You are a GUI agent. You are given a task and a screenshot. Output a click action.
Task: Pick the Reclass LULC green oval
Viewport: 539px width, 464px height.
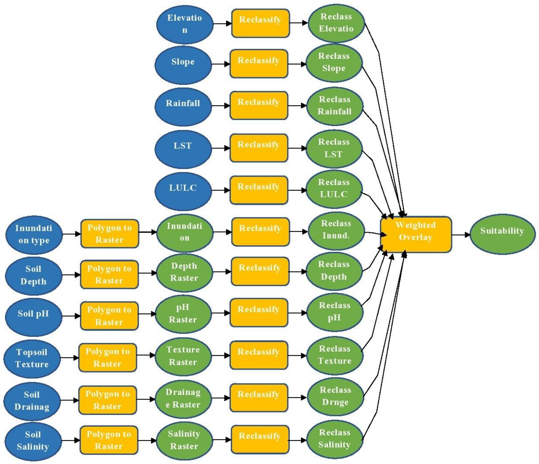point(334,189)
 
